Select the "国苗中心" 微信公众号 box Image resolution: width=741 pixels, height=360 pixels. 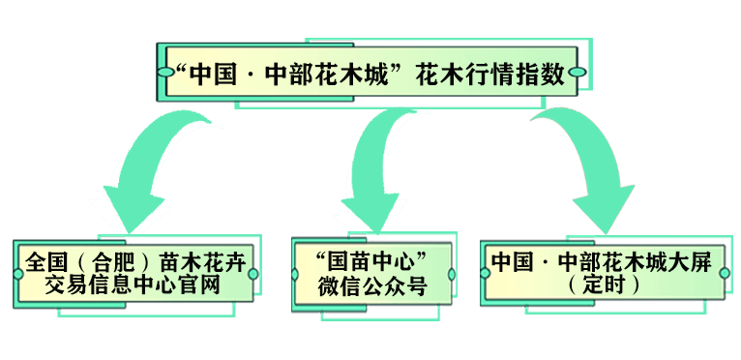point(372,274)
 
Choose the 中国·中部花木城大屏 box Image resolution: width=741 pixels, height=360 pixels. point(605,274)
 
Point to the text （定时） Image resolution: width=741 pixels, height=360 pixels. point(606,285)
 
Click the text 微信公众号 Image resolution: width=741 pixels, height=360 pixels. point(372,286)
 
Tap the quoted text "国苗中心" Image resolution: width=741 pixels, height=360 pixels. point(372,262)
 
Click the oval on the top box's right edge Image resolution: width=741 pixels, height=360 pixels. point(578,72)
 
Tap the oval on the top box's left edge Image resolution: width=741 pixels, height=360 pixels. point(161,72)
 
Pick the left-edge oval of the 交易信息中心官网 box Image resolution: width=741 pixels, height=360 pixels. point(18,274)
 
